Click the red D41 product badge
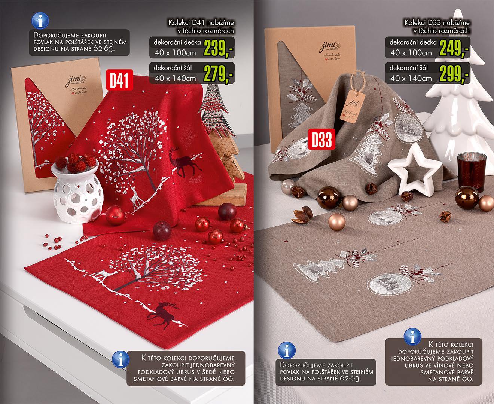(119, 80)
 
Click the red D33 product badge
(321, 139)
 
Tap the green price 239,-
(218, 48)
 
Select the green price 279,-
(218, 74)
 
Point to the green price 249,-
(454, 48)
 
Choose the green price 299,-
(454, 74)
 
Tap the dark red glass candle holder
(471, 172)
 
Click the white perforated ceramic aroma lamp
(77, 193)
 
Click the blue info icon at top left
(40, 21)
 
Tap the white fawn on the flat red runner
(103, 274)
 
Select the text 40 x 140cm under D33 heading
(411, 78)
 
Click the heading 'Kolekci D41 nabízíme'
(201, 23)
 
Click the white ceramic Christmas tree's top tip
(457, 9)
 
